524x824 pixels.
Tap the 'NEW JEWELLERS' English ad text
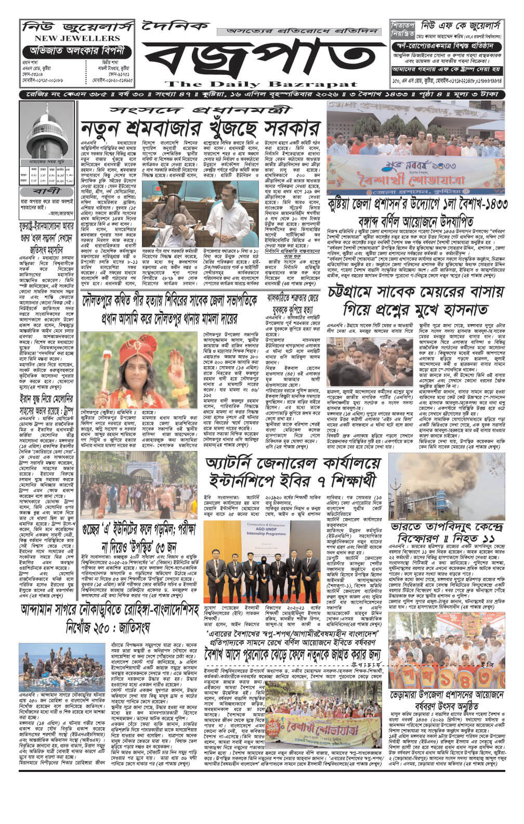71,38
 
